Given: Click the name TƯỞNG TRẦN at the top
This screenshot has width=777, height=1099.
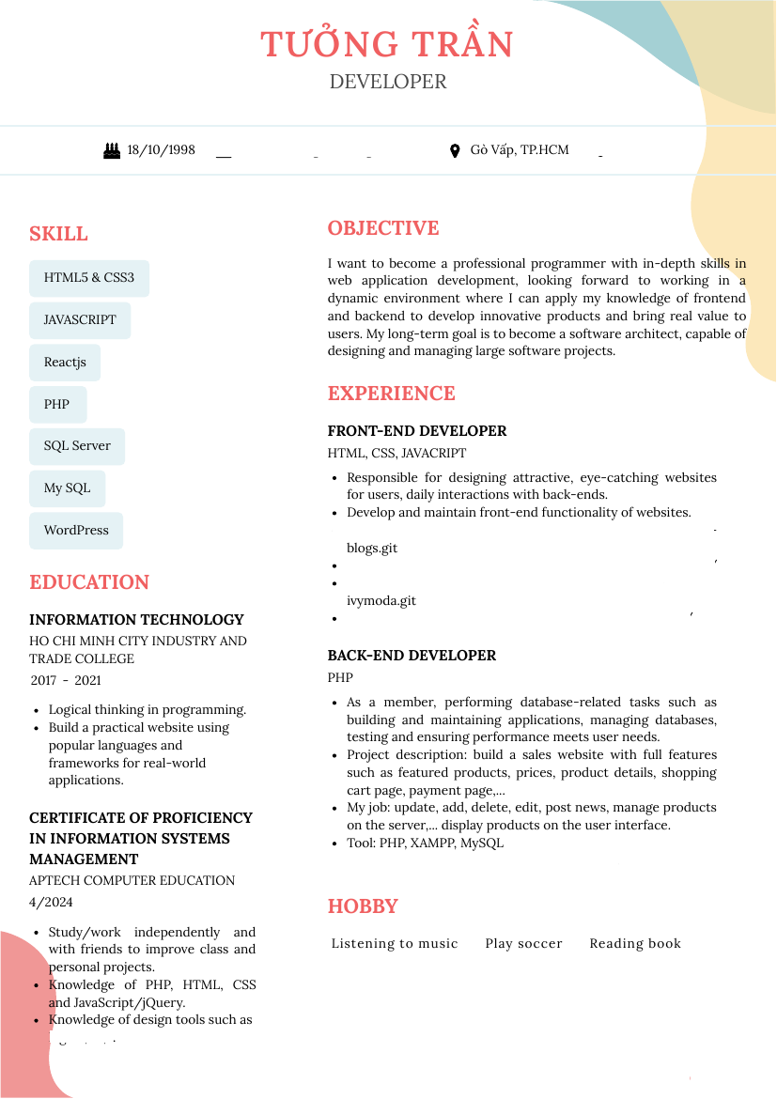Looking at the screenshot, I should point(387,44).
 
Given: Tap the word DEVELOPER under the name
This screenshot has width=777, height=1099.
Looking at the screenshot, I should point(388,82).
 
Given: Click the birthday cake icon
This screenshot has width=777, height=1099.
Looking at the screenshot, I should point(112,150).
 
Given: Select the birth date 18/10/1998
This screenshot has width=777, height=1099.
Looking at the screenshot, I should point(161,150).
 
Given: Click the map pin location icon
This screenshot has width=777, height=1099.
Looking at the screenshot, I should point(455,150).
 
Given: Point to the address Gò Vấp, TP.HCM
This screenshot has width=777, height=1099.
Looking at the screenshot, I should point(520,150).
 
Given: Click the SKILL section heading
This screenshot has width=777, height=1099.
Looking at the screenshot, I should point(58,234).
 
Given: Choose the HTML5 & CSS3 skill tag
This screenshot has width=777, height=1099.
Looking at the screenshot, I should point(89,278).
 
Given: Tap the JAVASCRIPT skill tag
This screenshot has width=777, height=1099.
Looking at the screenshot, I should point(80,320).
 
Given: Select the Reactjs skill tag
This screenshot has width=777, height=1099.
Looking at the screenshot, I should point(65,363).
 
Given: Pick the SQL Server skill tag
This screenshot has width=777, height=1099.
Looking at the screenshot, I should point(77,446).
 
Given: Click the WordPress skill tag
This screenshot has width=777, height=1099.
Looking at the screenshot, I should point(76,531).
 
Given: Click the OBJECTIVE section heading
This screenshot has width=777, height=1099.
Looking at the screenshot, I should point(383,228).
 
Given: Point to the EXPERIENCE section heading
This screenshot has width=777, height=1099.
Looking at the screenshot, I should point(391,394).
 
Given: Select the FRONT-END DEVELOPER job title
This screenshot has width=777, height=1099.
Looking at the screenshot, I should point(417,431).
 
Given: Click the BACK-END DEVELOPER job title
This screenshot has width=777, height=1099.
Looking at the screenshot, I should point(412,656).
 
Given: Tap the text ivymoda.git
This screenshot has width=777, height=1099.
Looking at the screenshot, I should point(381,601).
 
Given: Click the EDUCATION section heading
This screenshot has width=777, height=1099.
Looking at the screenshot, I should point(89,582).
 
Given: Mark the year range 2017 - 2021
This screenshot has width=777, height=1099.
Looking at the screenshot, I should point(66,681).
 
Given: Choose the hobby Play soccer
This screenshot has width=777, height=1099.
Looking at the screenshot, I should point(523,944).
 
